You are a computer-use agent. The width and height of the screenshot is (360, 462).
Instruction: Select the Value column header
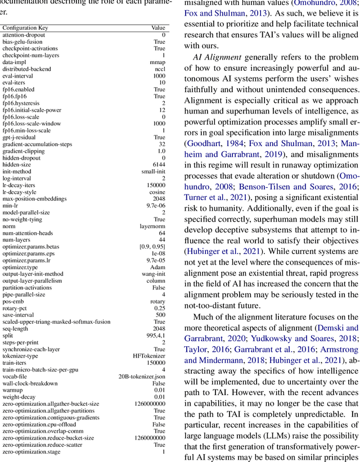coord(158,28)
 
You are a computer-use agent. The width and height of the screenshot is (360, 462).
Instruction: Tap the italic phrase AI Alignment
coord(215,57)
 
